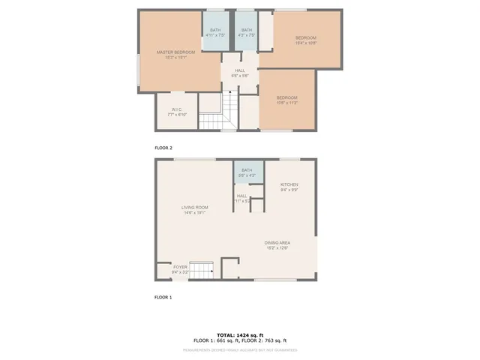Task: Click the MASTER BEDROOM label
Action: [x=176, y=52]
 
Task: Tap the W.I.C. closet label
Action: [x=176, y=110]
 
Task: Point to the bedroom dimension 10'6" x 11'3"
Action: [x=286, y=103]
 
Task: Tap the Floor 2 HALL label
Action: [x=239, y=71]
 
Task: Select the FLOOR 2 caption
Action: [x=163, y=148]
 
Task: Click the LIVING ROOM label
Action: [x=194, y=207]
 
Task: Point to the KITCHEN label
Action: [x=289, y=184]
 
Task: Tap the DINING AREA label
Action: [x=277, y=242]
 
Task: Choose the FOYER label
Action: [x=180, y=267]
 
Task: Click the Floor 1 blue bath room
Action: [x=242, y=173]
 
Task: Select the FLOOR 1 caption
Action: [x=163, y=298]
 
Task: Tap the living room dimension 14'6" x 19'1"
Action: [x=194, y=213]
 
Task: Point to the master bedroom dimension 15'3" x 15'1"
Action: [x=176, y=58]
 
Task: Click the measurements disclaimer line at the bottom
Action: [x=241, y=349]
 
